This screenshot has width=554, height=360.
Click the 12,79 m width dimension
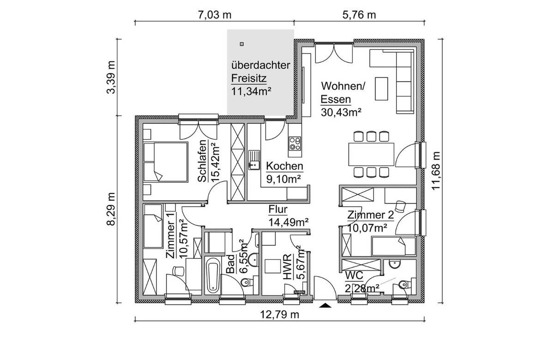pyautogui.click(x=279, y=315)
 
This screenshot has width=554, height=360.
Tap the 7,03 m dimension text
pyautogui.click(x=215, y=15)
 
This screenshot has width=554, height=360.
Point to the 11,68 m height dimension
pyautogui.click(x=436, y=171)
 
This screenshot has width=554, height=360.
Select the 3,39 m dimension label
pyautogui.click(x=111, y=77)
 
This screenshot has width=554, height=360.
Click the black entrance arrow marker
pyautogui.click(x=325, y=306)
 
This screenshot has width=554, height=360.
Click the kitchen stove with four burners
pyautogui.click(x=295, y=144)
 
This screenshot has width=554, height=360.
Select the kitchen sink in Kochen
pyautogui.click(x=254, y=160)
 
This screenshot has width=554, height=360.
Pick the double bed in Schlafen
pyautogui.click(x=165, y=162)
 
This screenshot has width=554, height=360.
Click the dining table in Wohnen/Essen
pyautogui.click(x=371, y=154)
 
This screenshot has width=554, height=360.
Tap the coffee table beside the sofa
pyautogui.click(x=381, y=89)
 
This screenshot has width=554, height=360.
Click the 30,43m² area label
pyautogui.click(x=341, y=112)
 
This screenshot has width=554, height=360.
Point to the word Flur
pyautogui.click(x=278, y=210)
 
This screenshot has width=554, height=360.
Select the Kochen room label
pyautogui.click(x=285, y=166)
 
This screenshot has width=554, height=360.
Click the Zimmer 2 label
pyautogui.click(x=370, y=215)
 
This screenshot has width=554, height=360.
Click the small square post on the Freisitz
pyautogui.click(x=242, y=44)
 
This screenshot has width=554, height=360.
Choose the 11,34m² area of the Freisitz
pyautogui.click(x=251, y=91)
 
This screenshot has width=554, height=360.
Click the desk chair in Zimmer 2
pyautogui.click(x=400, y=206)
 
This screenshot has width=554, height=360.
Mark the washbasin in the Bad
pyautogui.click(x=253, y=259)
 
